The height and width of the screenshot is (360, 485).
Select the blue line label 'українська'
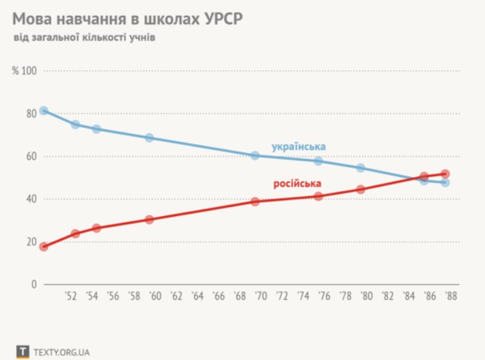coord(298,146)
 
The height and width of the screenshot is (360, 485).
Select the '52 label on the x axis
coord(72,296)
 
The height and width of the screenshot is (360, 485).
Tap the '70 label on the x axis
coord(262,296)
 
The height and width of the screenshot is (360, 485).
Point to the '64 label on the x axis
coord(198,296)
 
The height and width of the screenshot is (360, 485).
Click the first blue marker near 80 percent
coord(44,111)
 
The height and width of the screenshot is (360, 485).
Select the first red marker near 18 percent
coord(44,247)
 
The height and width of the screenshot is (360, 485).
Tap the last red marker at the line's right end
coord(445,174)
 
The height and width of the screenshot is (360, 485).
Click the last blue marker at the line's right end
coord(445,182)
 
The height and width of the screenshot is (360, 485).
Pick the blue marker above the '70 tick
coord(255,155)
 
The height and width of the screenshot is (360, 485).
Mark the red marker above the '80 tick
coord(360,189)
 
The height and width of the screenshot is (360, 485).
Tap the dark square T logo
coord(23,351)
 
